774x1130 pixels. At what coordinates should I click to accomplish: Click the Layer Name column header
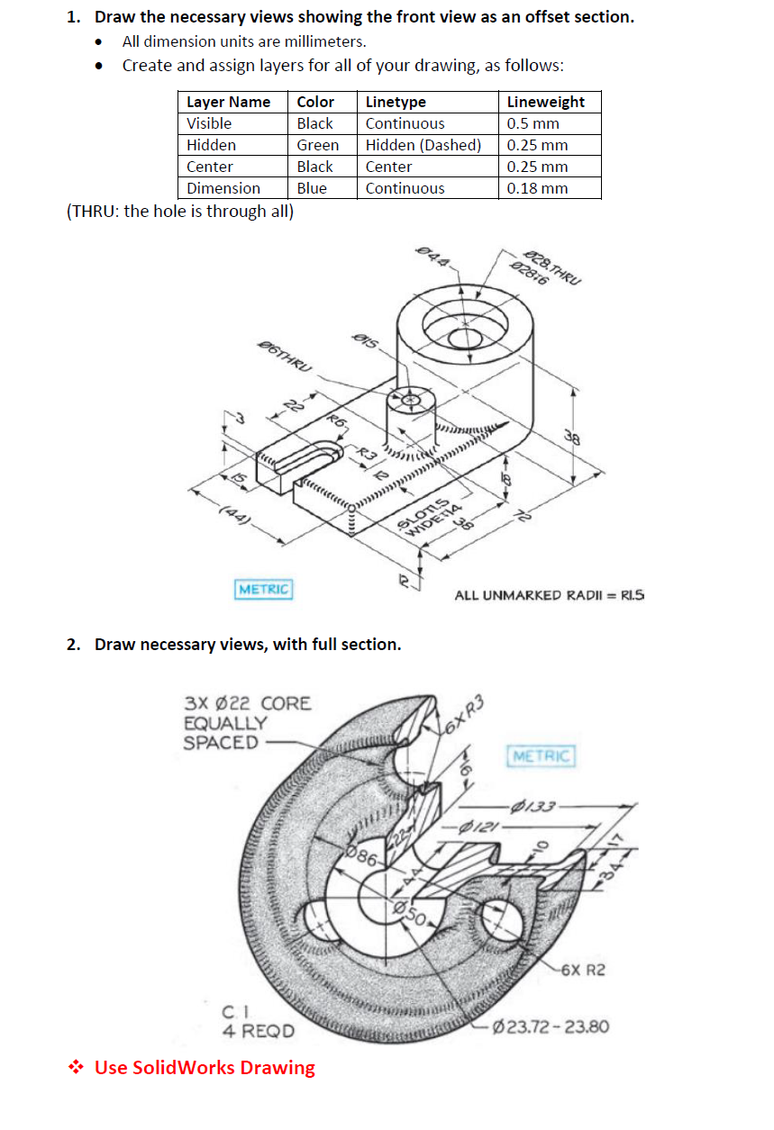pyautogui.click(x=228, y=102)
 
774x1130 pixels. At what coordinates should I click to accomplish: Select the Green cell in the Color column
pyautogui.click(x=317, y=145)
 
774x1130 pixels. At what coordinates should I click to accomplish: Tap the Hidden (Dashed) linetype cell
pyautogui.click(x=423, y=145)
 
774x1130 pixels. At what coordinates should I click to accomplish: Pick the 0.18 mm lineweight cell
pyautogui.click(x=537, y=188)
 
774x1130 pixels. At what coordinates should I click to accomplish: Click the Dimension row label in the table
pyautogui.click(x=223, y=188)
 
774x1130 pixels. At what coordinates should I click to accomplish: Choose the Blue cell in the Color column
pyautogui.click(x=312, y=188)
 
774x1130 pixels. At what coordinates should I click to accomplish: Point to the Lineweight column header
pyautogui.click(x=545, y=102)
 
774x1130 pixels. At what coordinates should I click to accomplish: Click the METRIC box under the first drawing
pyautogui.click(x=263, y=589)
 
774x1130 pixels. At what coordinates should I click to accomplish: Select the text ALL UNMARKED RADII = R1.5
pyautogui.click(x=550, y=595)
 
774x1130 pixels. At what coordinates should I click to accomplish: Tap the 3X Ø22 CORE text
pyautogui.click(x=247, y=703)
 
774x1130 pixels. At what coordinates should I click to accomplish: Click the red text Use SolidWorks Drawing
pyautogui.click(x=205, y=1067)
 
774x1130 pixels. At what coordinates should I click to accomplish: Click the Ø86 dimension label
pyautogui.click(x=362, y=856)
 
